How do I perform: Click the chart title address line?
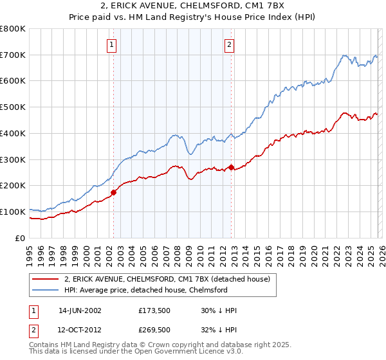point(192,6)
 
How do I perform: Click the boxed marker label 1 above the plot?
point(113,45)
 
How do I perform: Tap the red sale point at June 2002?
point(113,192)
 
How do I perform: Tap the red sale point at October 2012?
point(231,167)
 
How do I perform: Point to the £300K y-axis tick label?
point(14,159)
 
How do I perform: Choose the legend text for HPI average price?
point(146,290)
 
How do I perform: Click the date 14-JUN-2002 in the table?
point(80,310)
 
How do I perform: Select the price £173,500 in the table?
point(154,310)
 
